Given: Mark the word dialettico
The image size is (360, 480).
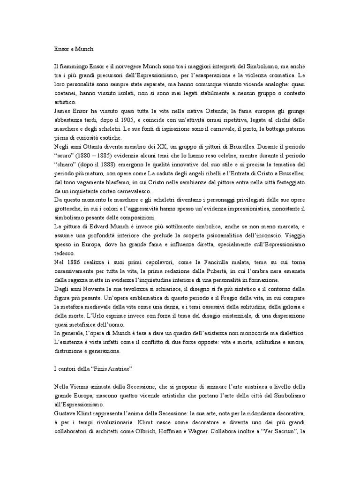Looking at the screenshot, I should point(291,333).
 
